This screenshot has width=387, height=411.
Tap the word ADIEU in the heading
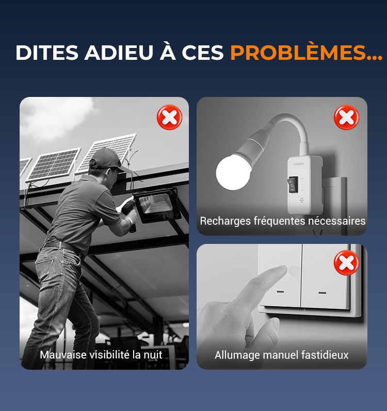tap(119, 53)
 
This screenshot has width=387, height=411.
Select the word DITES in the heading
tap(47, 53)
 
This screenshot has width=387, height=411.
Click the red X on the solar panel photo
tap(169, 117)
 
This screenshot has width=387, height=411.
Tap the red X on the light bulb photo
tap(346, 117)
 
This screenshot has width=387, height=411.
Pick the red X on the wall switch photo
tap(346, 262)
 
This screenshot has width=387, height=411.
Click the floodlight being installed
tap(157, 205)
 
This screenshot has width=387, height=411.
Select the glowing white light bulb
tap(232, 172)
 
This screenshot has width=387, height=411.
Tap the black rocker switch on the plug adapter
tap(293, 184)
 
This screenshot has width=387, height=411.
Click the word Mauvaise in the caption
tap(63, 355)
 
